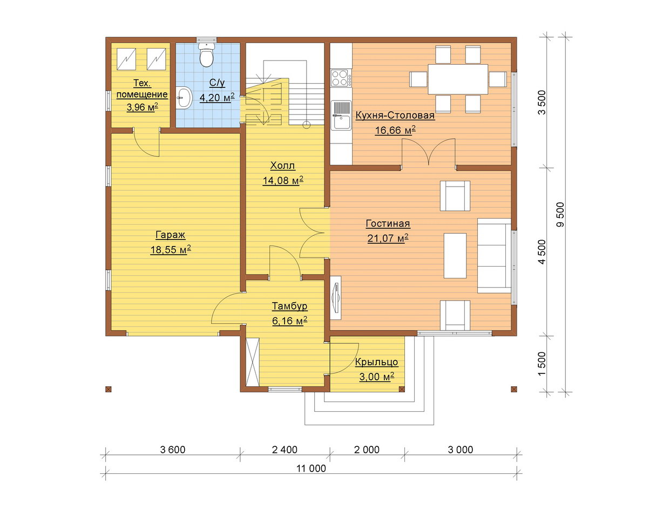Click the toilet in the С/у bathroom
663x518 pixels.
(x=206, y=54)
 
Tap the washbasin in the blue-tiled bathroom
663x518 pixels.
(x=184, y=98)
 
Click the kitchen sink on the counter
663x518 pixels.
(x=341, y=115)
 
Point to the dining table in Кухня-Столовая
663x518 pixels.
(x=458, y=79)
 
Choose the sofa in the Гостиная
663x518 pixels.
(x=494, y=256)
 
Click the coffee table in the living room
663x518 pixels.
(x=455, y=256)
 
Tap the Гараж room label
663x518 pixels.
(x=170, y=235)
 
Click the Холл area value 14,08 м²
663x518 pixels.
(x=283, y=181)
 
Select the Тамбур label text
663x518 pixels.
(x=289, y=306)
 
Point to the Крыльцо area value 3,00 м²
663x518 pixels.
(x=376, y=377)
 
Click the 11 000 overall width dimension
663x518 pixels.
(x=311, y=468)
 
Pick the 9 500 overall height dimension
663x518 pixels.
(x=561, y=214)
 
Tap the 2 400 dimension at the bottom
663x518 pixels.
(x=285, y=449)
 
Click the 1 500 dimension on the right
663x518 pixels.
(x=542, y=364)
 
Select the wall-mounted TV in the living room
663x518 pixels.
(x=336, y=297)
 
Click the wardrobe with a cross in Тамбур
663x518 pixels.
(x=252, y=362)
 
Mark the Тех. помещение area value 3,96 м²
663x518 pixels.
(x=142, y=107)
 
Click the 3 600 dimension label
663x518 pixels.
(x=173, y=449)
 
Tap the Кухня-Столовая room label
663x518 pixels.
(x=395, y=115)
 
